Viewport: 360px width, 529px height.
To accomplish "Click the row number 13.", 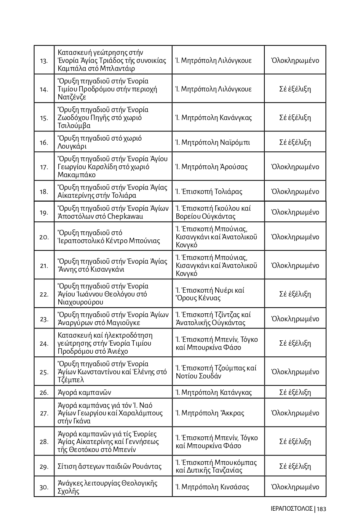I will tap(44, 61).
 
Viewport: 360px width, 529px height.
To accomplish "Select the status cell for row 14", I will tap(295, 89).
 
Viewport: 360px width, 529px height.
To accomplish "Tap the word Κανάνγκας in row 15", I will tap(236, 118).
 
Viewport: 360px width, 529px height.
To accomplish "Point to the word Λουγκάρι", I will tap(72, 146).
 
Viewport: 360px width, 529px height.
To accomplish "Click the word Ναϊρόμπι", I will tap(235, 143).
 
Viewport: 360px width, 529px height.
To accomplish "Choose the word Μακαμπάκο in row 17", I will tap(77, 175).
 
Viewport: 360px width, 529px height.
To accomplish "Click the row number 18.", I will tap(44, 192).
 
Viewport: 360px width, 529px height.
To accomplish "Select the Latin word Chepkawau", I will tap(125, 216).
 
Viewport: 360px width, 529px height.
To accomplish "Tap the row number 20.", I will tap(44, 237).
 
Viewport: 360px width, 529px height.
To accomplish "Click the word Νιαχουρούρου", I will tap(80, 302).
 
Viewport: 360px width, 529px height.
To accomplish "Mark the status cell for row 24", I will tap(295, 343).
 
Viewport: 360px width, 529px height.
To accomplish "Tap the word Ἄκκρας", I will tap(232, 413).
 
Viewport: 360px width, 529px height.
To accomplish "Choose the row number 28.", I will tap(44, 442).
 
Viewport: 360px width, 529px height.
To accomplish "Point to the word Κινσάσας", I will tap(234, 487).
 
